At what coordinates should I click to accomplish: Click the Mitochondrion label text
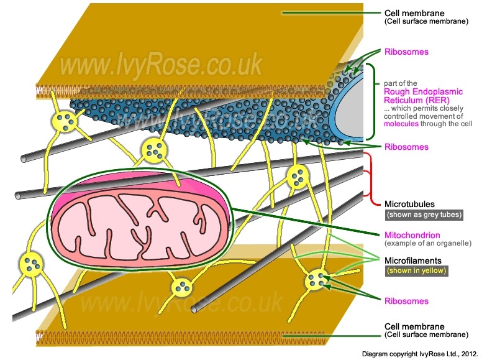[412, 235]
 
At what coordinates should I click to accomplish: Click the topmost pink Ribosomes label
[406, 52]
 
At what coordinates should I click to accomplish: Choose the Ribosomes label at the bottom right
[406, 301]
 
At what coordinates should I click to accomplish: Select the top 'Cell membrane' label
[415, 12]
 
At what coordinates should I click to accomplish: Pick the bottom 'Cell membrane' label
[415, 326]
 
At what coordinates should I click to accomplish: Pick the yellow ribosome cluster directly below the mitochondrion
[182, 287]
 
